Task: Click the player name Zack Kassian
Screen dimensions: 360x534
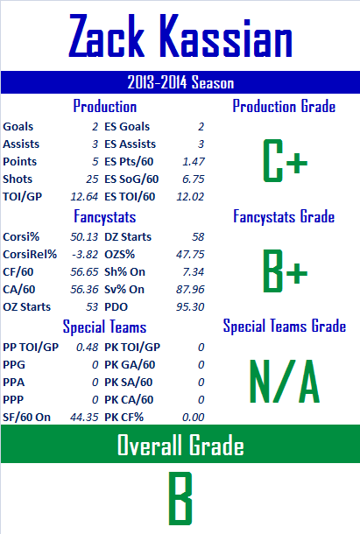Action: [180, 36]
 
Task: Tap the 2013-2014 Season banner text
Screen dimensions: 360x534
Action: [180, 82]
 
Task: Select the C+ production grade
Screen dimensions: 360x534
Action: [286, 160]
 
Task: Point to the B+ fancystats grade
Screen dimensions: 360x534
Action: [286, 271]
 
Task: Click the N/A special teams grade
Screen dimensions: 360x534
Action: [285, 382]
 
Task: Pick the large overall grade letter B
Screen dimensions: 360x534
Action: [180, 498]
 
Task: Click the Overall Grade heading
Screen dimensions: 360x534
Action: [180, 445]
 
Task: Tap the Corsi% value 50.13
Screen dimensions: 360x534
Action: [84, 236]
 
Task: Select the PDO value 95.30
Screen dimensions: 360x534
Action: [190, 307]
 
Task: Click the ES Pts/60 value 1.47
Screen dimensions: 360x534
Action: [194, 161]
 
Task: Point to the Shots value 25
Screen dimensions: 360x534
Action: [92, 179]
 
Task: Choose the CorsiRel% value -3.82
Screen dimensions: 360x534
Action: [85, 255]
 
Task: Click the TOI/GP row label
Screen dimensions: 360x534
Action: [23, 196]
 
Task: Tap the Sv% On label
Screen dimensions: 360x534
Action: [124, 290]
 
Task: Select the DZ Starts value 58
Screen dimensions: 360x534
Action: [198, 236]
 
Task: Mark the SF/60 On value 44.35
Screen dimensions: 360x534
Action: [84, 418]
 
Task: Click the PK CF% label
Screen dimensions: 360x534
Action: [124, 418]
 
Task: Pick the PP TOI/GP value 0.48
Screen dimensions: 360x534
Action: [88, 347]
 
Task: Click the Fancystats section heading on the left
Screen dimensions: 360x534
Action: [105, 216]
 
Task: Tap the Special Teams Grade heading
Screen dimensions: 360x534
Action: [285, 327]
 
